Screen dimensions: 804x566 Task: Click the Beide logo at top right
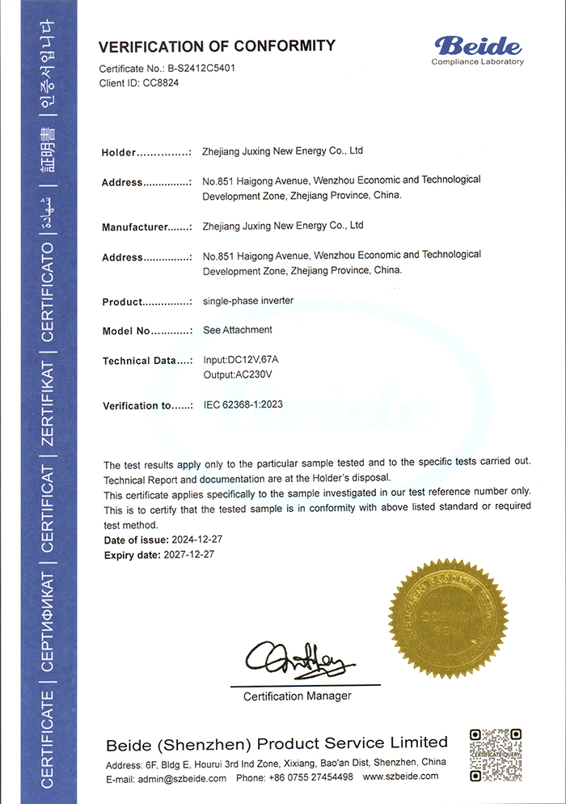(x=477, y=49)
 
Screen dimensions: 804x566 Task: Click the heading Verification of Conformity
(x=217, y=45)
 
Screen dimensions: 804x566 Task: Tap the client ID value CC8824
(x=160, y=83)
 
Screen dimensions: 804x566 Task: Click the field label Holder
(x=118, y=153)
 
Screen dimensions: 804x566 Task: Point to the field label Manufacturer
(x=133, y=227)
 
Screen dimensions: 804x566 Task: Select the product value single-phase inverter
(x=248, y=301)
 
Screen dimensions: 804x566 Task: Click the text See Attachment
(x=238, y=330)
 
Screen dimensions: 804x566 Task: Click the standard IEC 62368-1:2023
(x=243, y=405)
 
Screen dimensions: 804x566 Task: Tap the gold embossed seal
(x=448, y=617)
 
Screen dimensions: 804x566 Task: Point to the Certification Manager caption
(x=297, y=696)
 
